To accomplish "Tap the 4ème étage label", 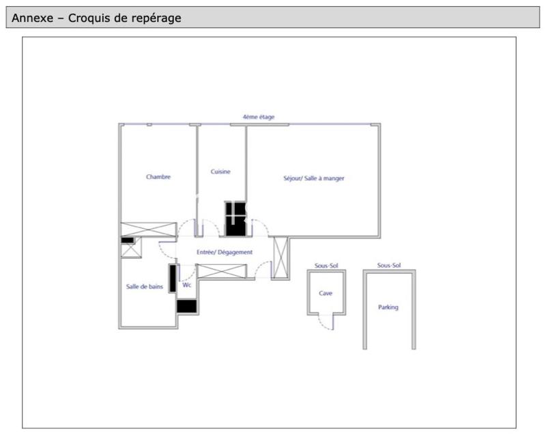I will click(259, 117).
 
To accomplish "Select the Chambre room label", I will click(158, 177).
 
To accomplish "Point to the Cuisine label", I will click(220, 171).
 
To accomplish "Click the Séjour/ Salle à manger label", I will click(314, 178).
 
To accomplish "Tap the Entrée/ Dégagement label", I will click(225, 252).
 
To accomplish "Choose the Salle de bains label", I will click(145, 287).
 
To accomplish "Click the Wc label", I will click(187, 285).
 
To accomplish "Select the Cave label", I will click(326, 293).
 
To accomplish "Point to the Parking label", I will click(388, 307).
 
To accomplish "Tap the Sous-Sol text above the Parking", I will click(389, 265).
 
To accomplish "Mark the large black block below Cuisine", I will click(235, 219).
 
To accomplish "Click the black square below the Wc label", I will click(187, 307).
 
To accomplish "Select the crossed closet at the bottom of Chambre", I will click(149, 229).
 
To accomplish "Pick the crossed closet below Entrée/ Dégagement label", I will click(220, 270).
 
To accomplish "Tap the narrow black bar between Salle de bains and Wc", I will click(173, 277).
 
